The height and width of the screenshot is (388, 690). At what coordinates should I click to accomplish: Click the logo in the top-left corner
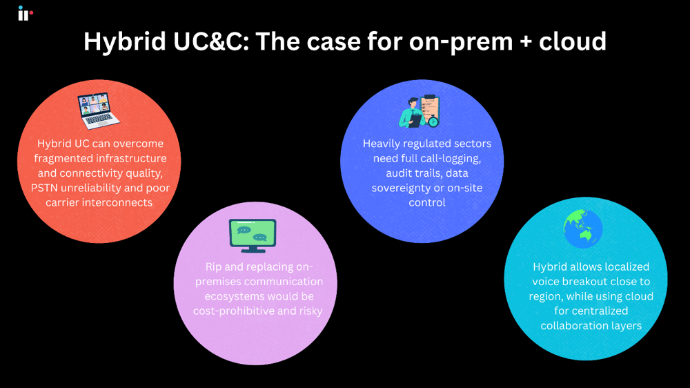(x=25, y=13)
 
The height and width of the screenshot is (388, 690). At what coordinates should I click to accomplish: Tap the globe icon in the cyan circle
(x=583, y=229)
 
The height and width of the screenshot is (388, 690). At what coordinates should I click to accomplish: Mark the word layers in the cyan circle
(x=624, y=325)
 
